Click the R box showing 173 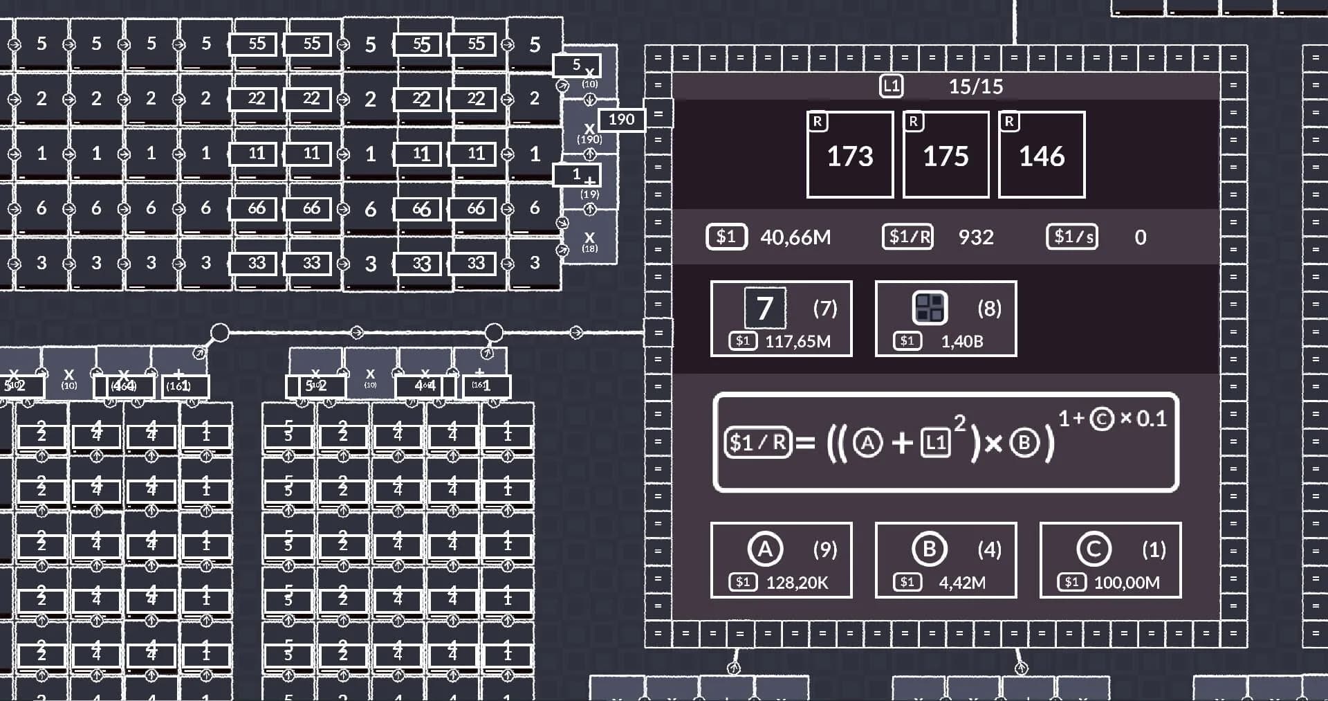(x=850, y=154)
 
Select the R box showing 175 (x=946, y=154)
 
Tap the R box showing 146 (x=1042, y=154)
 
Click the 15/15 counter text (x=975, y=87)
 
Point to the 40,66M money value (x=795, y=237)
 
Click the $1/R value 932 (x=976, y=237)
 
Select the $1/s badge (x=1071, y=237)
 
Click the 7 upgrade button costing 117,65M (x=781, y=318)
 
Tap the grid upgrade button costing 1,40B (x=946, y=318)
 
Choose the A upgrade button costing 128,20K (x=781, y=560)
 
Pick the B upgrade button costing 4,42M (x=946, y=560)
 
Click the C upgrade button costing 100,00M (x=1110, y=560)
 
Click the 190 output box (x=621, y=120)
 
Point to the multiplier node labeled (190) (x=589, y=131)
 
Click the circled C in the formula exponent (x=1102, y=419)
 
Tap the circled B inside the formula (x=1024, y=442)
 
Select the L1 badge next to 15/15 (x=891, y=87)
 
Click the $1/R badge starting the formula (x=757, y=442)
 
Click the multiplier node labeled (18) (x=589, y=240)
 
